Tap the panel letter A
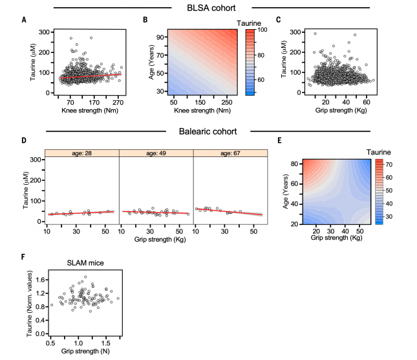[24, 19]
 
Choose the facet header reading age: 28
[82, 153]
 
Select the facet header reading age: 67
[230, 153]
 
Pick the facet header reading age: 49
[156, 153]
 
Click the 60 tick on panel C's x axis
[367, 101]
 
